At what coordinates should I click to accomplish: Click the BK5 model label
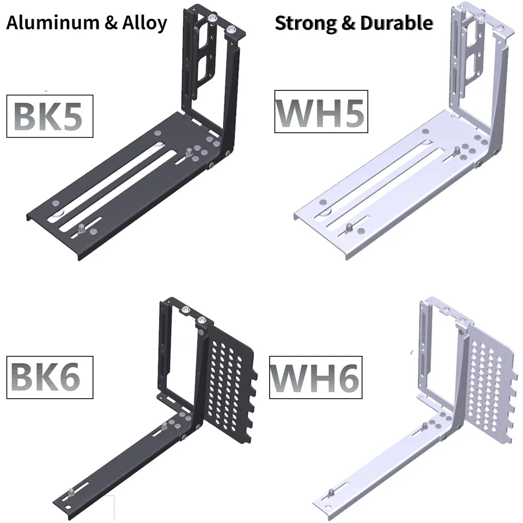click(x=50, y=116)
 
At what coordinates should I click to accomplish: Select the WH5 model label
click(x=321, y=111)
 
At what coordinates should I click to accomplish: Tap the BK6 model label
click(x=50, y=377)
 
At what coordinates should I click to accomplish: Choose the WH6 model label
click(x=316, y=377)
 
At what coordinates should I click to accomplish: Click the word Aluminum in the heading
click(x=53, y=22)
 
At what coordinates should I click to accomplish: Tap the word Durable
click(x=397, y=22)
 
